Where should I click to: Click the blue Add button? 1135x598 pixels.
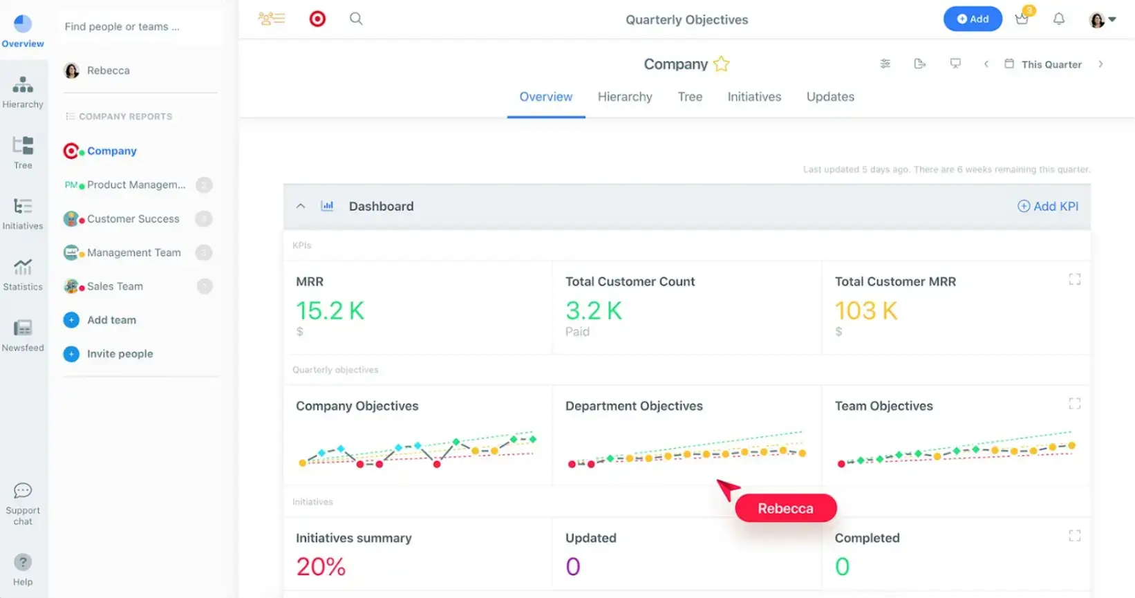pyautogui.click(x=972, y=19)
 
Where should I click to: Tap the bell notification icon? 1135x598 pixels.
pyautogui.click(x=1058, y=19)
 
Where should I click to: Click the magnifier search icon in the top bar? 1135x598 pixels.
pyautogui.click(x=356, y=19)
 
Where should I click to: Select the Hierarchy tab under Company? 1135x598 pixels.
pyautogui.click(x=624, y=97)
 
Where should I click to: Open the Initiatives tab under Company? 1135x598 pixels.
pyautogui.click(x=753, y=97)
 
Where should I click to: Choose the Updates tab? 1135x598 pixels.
pyautogui.click(x=829, y=97)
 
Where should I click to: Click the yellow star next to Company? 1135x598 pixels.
pyautogui.click(x=721, y=64)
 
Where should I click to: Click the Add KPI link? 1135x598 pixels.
pyautogui.click(x=1048, y=206)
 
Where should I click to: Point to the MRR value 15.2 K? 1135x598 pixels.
pyautogui.click(x=330, y=310)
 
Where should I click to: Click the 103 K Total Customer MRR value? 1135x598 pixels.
pyautogui.click(x=865, y=310)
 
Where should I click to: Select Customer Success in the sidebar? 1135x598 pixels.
pyautogui.click(x=133, y=219)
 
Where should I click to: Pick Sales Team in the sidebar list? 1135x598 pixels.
pyautogui.click(x=115, y=286)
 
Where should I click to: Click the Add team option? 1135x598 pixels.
pyautogui.click(x=111, y=320)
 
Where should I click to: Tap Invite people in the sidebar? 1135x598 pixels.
pyautogui.click(x=120, y=354)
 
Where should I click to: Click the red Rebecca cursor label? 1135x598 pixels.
pyautogui.click(x=785, y=508)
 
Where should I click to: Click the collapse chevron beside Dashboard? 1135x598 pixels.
pyautogui.click(x=301, y=206)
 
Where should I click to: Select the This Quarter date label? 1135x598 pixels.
pyautogui.click(x=1051, y=64)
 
